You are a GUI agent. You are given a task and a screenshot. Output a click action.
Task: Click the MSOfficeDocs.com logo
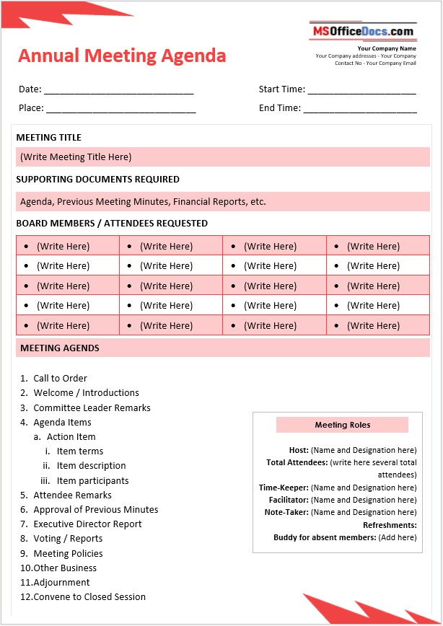[363, 31]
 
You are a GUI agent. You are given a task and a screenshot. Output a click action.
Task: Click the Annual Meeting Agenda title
[122, 56]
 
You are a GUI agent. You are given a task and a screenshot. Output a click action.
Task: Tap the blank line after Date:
[118, 91]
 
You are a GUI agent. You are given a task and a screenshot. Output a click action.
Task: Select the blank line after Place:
[120, 109]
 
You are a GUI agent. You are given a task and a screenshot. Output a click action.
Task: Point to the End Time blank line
[360, 109]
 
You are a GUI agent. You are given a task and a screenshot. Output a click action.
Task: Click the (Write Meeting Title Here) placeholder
[76, 157]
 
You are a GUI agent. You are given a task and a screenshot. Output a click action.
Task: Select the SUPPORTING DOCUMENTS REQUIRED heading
[97, 180]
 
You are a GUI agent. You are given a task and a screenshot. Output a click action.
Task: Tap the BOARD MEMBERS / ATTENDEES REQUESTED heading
[112, 224]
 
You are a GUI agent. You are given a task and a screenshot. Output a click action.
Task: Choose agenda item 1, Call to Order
[60, 379]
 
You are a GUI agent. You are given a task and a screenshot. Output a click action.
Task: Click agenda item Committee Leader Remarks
[92, 408]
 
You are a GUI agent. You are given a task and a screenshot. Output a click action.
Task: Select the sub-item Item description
[91, 466]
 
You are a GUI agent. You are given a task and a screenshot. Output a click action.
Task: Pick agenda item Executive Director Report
[87, 524]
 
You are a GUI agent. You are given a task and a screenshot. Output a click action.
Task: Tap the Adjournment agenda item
[61, 583]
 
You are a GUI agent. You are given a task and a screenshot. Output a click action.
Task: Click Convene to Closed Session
[89, 597]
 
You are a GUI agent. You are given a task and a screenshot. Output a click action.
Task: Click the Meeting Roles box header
[342, 426]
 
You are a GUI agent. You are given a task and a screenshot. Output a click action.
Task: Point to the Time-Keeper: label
[284, 488]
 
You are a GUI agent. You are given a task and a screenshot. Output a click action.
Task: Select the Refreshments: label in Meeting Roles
[390, 526]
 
